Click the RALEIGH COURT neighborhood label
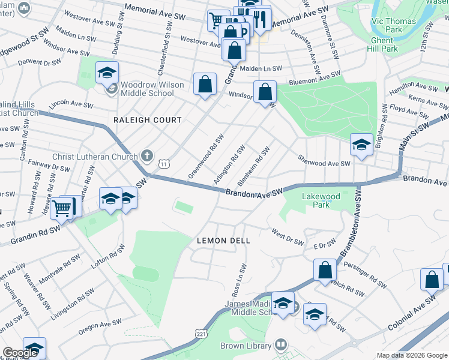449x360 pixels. click(x=148, y=120)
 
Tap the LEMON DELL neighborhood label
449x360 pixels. click(x=219, y=241)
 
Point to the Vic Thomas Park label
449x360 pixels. click(x=402, y=25)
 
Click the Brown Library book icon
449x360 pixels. click(x=280, y=345)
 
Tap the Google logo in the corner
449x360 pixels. click(x=20, y=353)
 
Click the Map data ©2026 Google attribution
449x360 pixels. click(x=412, y=355)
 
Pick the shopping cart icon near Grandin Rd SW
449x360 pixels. click(x=62, y=208)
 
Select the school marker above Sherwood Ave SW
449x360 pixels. click(x=361, y=145)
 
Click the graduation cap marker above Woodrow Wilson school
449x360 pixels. click(x=107, y=73)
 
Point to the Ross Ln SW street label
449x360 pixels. click(x=239, y=280)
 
